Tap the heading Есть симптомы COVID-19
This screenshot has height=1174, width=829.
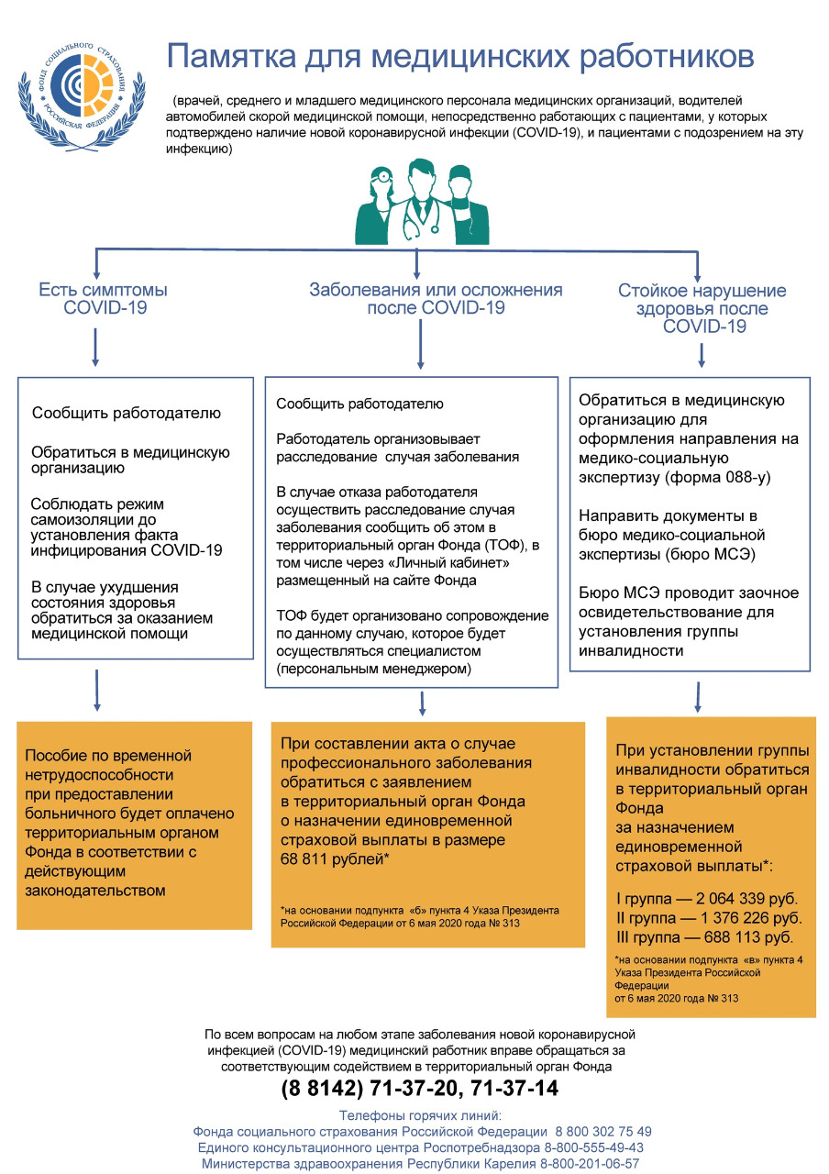tap(103, 299)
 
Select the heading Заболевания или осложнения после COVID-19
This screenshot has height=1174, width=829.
tap(436, 299)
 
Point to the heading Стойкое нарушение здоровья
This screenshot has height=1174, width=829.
tap(702, 300)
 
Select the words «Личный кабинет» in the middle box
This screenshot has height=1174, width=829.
tap(480, 563)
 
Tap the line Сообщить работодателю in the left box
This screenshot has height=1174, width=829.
tap(127, 413)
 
